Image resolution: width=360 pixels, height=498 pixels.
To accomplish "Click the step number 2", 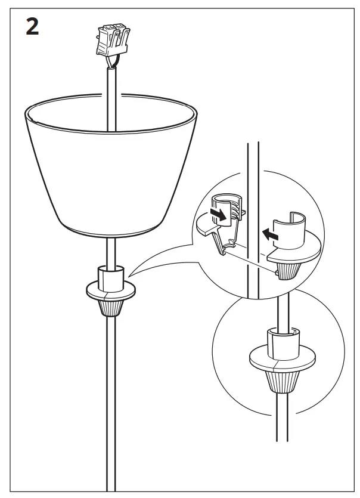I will pos(33,27).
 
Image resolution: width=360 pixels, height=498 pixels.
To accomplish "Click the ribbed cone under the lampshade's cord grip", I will pos(111,306).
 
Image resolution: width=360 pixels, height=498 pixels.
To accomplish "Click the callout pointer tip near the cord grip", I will pos(131,275).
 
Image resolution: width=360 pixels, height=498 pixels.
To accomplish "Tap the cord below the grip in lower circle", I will pos(280,417).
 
